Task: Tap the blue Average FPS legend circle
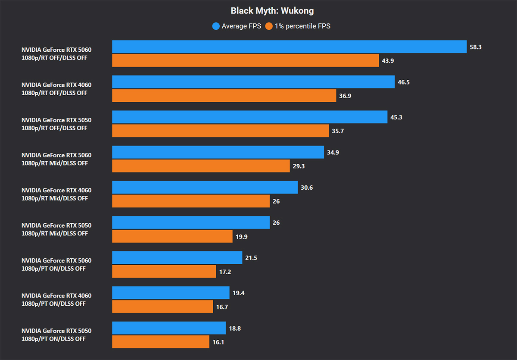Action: click(x=216, y=26)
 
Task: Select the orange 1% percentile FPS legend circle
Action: click(x=269, y=26)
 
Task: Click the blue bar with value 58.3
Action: click(x=289, y=47)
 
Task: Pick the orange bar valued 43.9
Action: click(x=245, y=61)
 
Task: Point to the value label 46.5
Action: click(x=404, y=82)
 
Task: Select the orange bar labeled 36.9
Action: click(x=224, y=96)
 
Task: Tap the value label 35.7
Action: click(x=338, y=131)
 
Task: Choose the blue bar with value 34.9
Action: click(x=218, y=152)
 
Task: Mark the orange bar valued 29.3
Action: click(x=201, y=166)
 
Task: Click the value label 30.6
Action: click(x=306, y=188)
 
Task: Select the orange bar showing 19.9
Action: click(x=172, y=236)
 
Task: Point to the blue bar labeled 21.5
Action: click(x=177, y=258)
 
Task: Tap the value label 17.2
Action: click(x=225, y=272)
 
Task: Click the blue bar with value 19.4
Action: click(x=171, y=293)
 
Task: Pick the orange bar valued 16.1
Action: click(x=161, y=342)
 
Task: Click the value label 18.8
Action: click(x=234, y=328)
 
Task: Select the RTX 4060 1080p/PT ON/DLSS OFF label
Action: click(x=56, y=300)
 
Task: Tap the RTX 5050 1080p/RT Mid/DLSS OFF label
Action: click(x=56, y=229)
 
